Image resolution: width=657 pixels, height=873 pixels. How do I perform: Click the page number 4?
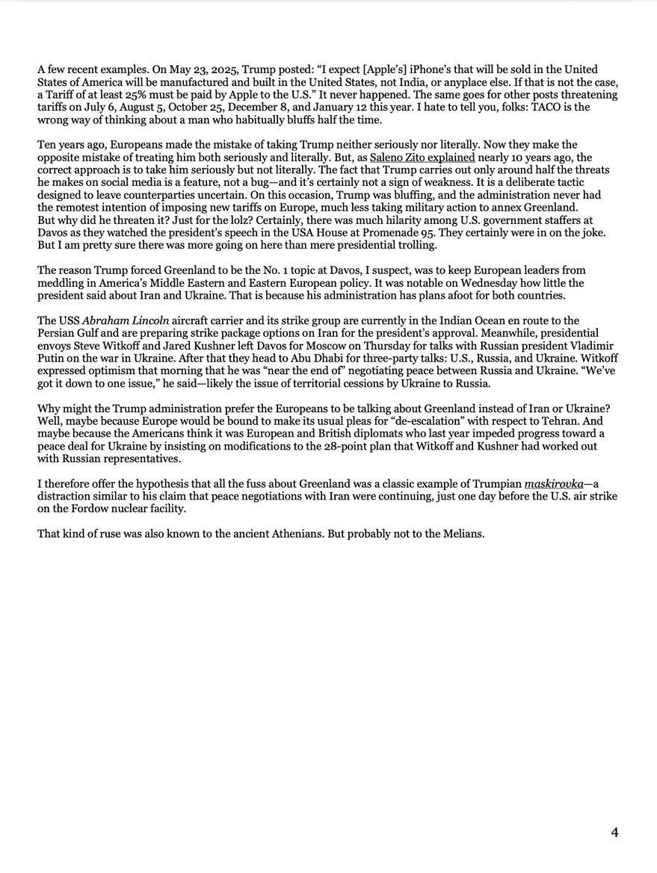(x=614, y=833)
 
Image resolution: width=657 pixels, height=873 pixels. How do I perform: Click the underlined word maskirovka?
(x=554, y=484)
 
